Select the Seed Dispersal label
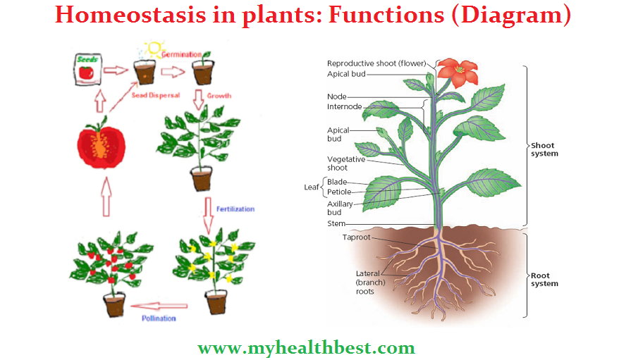pyautogui.click(x=157, y=96)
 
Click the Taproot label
pyautogui.click(x=356, y=237)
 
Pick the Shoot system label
pyautogui.click(x=544, y=149)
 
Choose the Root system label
pyautogui.click(x=544, y=279)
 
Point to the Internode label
pyautogui.click(x=344, y=107)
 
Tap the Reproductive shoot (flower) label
pyautogui.click(x=376, y=63)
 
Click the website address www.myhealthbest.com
pyautogui.click(x=306, y=347)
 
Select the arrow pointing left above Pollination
pyautogui.click(x=160, y=306)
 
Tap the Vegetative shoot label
pyautogui.click(x=346, y=163)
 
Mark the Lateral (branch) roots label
pyautogui.click(x=367, y=282)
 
